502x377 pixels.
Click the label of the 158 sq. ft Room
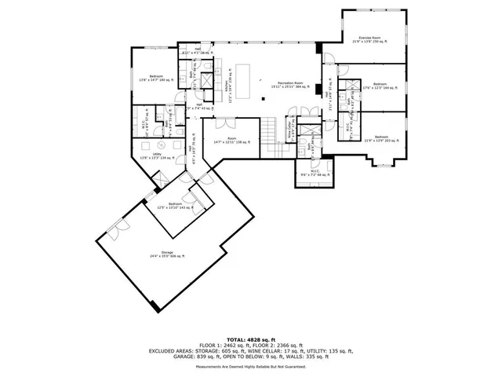231,141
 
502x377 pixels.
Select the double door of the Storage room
118,229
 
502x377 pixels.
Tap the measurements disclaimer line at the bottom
250,366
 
